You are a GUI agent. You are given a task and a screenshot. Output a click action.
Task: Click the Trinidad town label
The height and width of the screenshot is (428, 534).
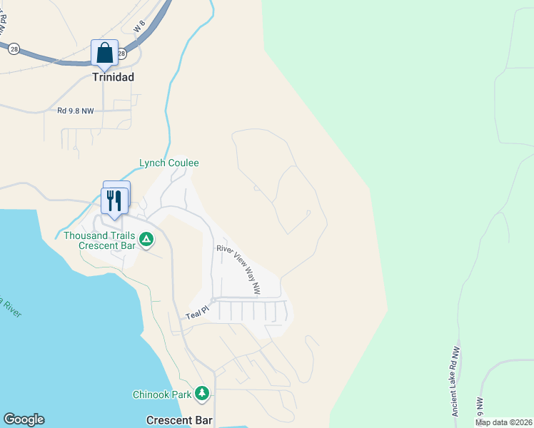(114, 76)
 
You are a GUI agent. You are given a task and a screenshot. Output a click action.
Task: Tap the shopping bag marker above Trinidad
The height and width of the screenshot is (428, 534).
(105, 53)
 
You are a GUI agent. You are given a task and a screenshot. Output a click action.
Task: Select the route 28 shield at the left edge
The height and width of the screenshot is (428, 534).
(14, 49)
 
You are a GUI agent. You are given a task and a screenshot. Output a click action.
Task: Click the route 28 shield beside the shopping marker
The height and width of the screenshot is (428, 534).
(121, 53)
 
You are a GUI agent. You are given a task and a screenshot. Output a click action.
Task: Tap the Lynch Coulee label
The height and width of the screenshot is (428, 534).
(168, 163)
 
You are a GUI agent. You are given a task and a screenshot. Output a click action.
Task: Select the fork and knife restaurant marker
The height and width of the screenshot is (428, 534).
(114, 200)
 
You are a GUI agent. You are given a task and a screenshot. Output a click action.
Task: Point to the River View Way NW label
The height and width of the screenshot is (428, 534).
(238, 269)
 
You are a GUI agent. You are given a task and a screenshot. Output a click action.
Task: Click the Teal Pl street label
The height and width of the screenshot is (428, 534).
(196, 312)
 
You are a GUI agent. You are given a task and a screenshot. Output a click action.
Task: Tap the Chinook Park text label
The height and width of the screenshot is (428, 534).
(163, 394)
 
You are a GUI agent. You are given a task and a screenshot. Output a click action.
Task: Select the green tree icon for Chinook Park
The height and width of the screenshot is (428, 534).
(203, 394)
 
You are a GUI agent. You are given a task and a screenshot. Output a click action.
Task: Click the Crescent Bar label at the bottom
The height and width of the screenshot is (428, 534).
(180, 420)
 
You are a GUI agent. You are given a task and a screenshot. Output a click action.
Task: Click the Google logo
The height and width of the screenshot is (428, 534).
(24, 419)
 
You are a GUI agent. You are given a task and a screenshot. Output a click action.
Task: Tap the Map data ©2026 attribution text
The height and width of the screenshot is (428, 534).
(504, 422)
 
